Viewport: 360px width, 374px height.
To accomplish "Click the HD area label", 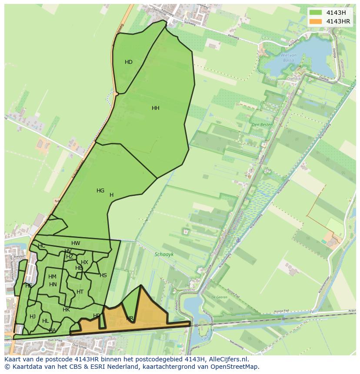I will (x=129, y=62).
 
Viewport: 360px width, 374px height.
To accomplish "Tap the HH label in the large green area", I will (x=156, y=108).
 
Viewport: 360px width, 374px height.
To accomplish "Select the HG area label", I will (x=100, y=191).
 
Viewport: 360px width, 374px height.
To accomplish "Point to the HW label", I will (x=76, y=243).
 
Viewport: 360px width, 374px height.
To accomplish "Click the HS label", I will (x=103, y=275).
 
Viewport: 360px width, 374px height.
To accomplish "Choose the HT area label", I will (x=80, y=292).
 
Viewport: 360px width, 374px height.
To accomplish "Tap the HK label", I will (x=66, y=310).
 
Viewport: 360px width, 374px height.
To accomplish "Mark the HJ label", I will (x=33, y=317).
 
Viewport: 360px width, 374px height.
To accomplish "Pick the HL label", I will (x=45, y=321).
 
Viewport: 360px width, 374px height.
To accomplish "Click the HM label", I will (x=52, y=277).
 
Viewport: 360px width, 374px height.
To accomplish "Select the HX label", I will (x=84, y=262).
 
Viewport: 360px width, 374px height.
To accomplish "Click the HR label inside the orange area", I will (x=130, y=318).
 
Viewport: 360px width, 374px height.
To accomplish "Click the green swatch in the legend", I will (x=316, y=13).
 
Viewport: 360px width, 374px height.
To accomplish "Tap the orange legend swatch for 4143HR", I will (x=316, y=21).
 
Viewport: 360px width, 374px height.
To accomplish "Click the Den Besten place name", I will (x=262, y=125).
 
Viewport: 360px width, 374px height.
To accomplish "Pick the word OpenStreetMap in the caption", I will (x=237, y=367).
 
